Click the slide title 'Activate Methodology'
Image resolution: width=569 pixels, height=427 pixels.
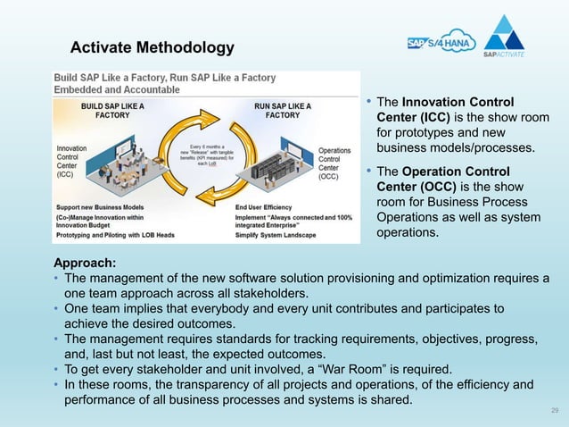click(152, 46)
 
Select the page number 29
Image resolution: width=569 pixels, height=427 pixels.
click(555, 410)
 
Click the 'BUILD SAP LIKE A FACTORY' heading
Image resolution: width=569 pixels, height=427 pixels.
click(112, 110)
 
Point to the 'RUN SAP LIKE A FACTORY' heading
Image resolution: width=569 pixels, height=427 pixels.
click(283, 110)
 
